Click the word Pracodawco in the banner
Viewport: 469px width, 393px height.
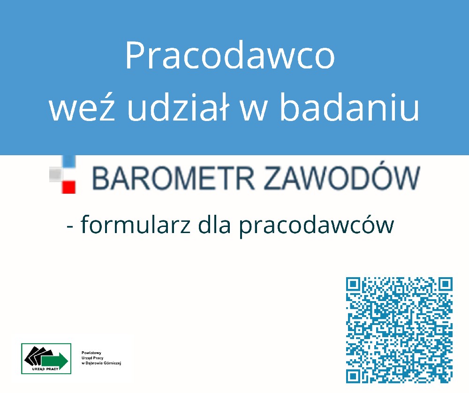click(x=230, y=56)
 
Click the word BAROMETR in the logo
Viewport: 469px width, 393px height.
click(x=174, y=179)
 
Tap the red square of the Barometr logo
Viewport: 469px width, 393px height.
click(x=69, y=187)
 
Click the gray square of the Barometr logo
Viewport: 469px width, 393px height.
click(x=56, y=174)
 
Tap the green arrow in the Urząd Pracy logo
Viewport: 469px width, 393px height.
click(x=55, y=361)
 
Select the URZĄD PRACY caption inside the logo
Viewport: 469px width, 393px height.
click(x=45, y=369)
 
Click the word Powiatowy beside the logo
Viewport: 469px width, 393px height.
click(x=91, y=353)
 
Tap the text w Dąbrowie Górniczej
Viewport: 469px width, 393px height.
click(x=101, y=363)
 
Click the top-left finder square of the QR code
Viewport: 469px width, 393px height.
click(x=353, y=284)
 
